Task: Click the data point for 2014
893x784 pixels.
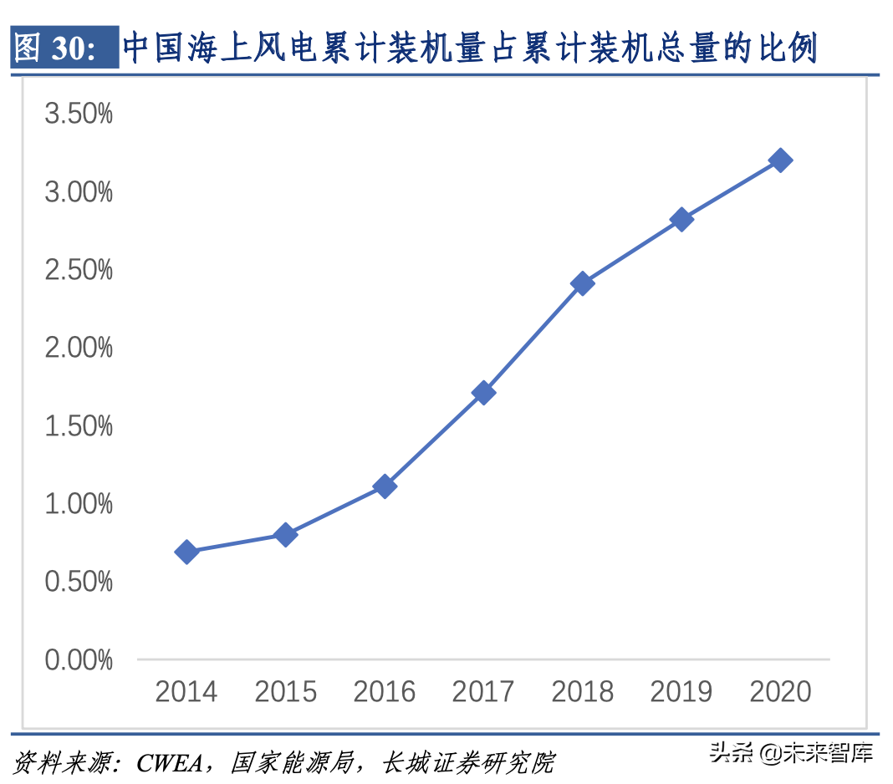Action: coord(186,552)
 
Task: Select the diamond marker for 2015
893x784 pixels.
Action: coord(285,535)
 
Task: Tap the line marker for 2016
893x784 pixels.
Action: coord(385,486)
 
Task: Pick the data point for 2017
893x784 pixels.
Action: coord(483,392)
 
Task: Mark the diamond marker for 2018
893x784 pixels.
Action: coord(583,283)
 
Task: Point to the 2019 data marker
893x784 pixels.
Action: coord(681,220)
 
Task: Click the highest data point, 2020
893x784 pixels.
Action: coord(781,160)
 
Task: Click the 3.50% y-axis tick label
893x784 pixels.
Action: coord(79,115)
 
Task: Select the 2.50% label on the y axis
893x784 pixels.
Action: coord(79,270)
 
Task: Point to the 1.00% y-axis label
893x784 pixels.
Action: coord(79,504)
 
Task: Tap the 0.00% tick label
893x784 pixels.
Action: coord(79,660)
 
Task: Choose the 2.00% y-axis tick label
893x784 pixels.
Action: coord(79,348)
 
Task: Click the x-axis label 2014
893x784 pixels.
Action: coord(186,692)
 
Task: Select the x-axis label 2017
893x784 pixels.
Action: coord(483,692)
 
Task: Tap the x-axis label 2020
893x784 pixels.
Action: coord(781,692)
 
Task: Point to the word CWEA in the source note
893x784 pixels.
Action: coord(171,762)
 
